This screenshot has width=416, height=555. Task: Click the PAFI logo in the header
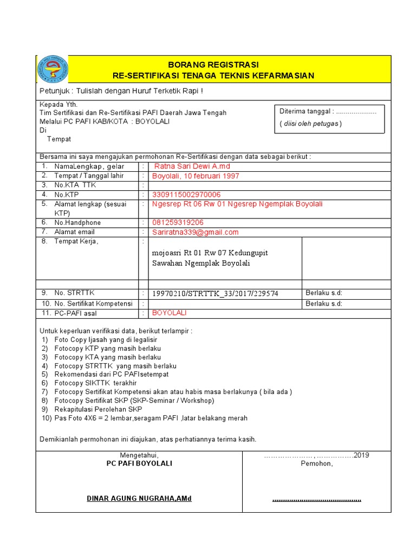coord(53,69)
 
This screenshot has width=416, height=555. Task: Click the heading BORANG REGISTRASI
coord(213,64)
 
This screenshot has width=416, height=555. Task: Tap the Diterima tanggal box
coord(329,118)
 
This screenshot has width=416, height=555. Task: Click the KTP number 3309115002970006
coord(186,195)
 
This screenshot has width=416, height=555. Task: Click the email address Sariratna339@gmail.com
coord(195,233)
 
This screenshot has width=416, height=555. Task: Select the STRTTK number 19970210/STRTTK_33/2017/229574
coord(215,294)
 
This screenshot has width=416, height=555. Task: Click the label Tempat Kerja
coord(76,242)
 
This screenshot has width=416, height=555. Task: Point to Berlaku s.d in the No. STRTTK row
coord(324,293)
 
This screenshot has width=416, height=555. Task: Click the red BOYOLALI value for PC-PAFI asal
coord(169,313)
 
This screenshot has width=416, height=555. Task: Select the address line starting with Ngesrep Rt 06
coord(237,204)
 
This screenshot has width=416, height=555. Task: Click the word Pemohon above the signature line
coord(317,464)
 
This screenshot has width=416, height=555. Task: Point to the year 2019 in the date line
coord(361,455)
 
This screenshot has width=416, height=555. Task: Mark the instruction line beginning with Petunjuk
coord(122,91)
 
